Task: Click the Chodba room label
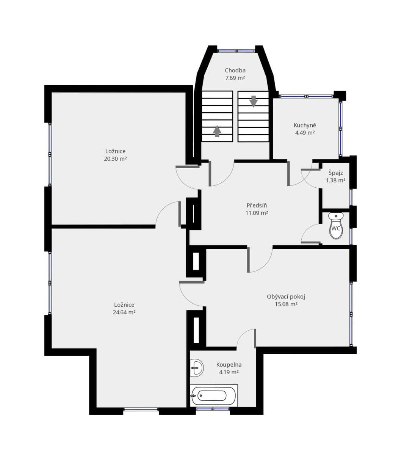[x=235, y=70]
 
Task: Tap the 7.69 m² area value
[x=235, y=78]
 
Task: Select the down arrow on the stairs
[x=254, y=101]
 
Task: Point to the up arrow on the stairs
[x=217, y=131]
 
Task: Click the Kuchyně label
[x=305, y=125]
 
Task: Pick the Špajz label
[x=336, y=173]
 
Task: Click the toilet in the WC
[x=336, y=225]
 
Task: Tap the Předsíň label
[x=257, y=205]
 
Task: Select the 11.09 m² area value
[x=257, y=213]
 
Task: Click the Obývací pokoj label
[x=286, y=297]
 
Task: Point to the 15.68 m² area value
[x=286, y=304]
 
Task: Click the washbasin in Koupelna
[x=197, y=368]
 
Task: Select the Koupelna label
[x=229, y=364]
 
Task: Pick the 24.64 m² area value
[x=124, y=312]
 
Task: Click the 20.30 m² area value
[x=115, y=159]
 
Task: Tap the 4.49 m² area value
[x=305, y=133]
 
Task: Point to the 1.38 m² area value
[x=336, y=180]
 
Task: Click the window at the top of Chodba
[x=236, y=51]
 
